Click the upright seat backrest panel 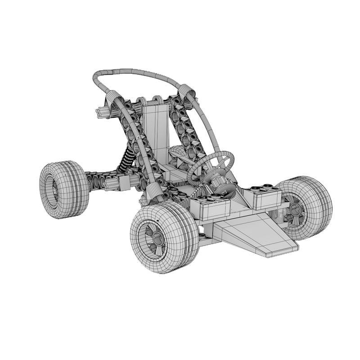tap(156, 130)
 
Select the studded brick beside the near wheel tap(210, 207)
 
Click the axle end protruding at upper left tap(101, 112)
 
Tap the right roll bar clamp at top tap(186, 92)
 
